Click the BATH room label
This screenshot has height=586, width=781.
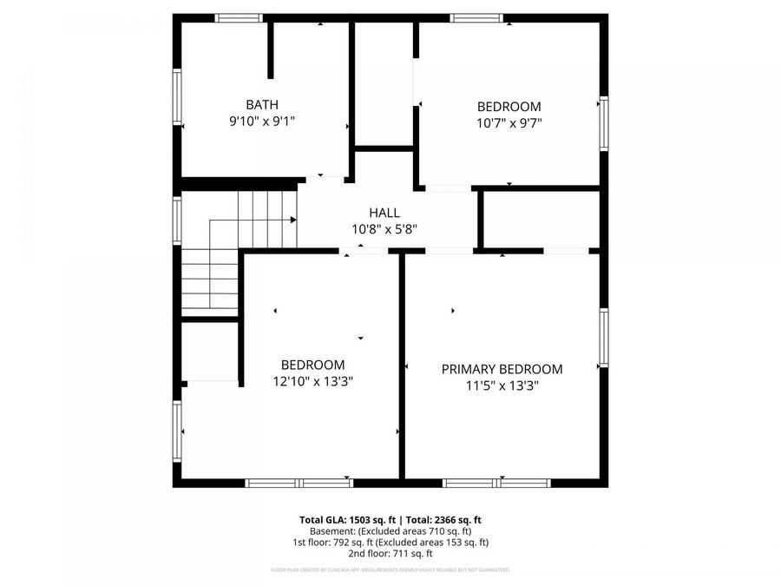pos(262,105)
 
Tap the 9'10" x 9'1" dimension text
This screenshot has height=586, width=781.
pos(262,122)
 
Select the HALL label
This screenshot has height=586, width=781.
pos(384,213)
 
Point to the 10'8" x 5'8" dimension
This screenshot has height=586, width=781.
pos(384,230)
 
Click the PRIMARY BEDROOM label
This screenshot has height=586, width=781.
pos(502,369)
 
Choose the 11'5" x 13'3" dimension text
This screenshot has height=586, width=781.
pos(502,386)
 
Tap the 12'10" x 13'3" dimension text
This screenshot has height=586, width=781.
pos(312,381)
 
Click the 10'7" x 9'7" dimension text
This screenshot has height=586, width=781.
pos(509,123)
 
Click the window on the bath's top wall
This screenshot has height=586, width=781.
pos(239,17)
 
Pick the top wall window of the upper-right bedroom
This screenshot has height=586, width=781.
pos(476,17)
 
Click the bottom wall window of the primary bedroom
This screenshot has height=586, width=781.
pos(496,483)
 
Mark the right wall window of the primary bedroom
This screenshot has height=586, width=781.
pos(603,337)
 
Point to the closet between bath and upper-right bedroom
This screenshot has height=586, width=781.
pos(384,84)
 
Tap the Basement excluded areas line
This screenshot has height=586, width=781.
pos(390,530)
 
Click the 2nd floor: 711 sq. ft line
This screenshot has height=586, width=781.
pos(390,553)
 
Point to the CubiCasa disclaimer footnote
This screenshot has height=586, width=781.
pos(390,570)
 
